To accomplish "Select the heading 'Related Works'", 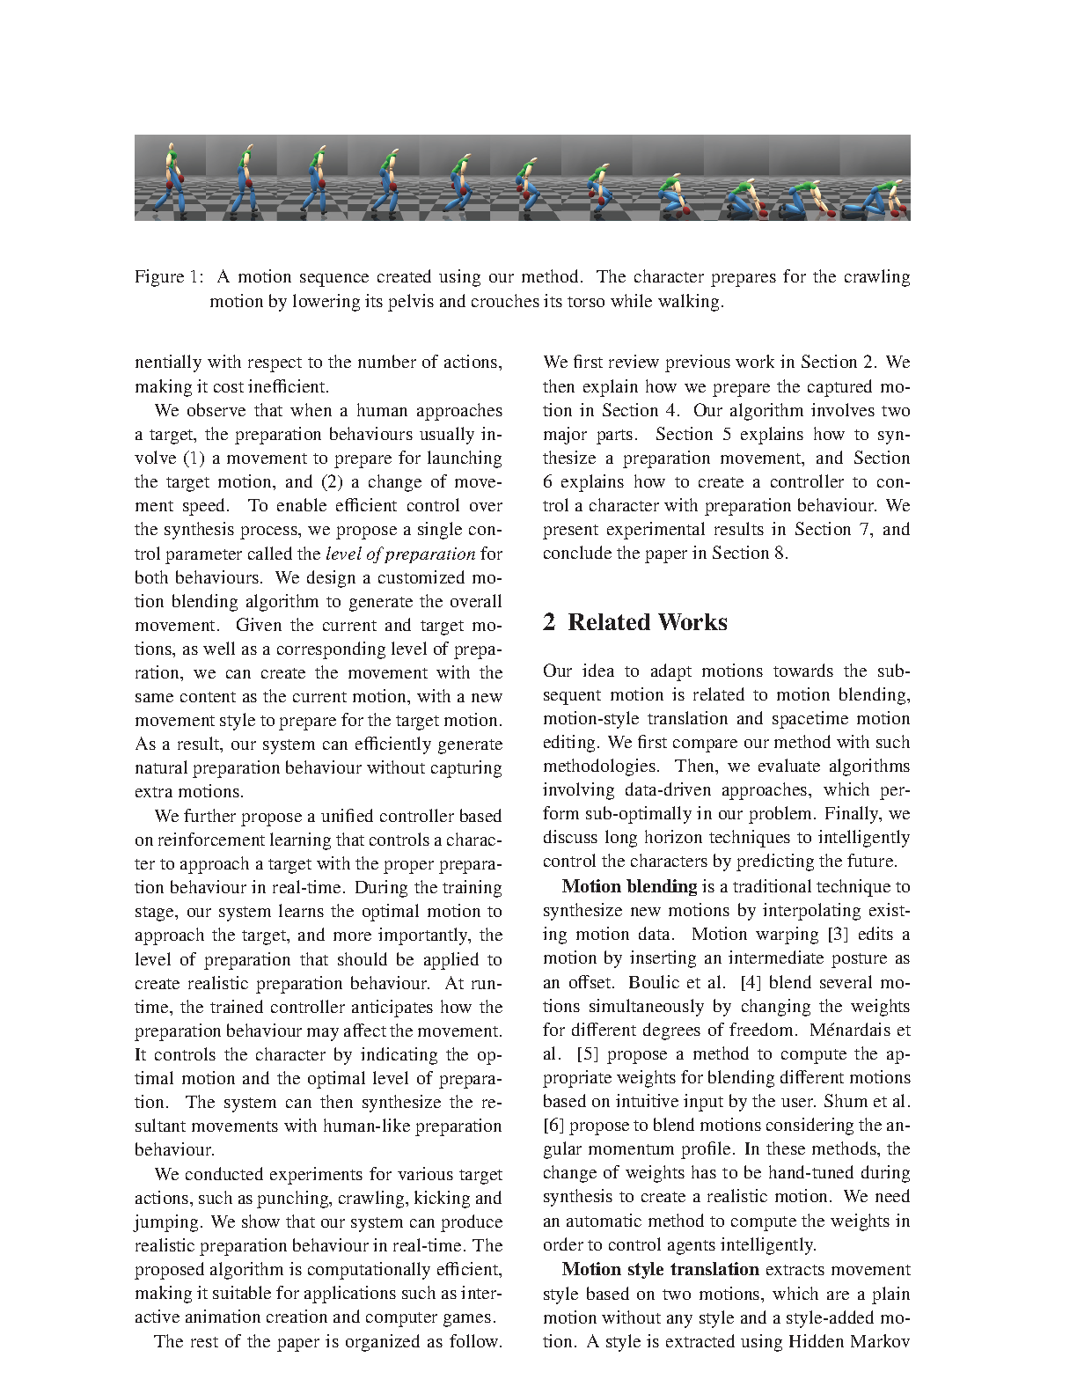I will pyautogui.click(x=648, y=622).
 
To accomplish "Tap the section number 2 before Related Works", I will pyautogui.click(x=549, y=622).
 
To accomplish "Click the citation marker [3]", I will pyautogui.click(x=835, y=935).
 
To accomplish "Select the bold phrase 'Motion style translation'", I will pyautogui.click(x=660, y=1270).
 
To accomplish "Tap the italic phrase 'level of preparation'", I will pyautogui.click(x=400, y=554).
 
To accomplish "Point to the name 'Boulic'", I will pyautogui.click(x=651, y=982).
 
